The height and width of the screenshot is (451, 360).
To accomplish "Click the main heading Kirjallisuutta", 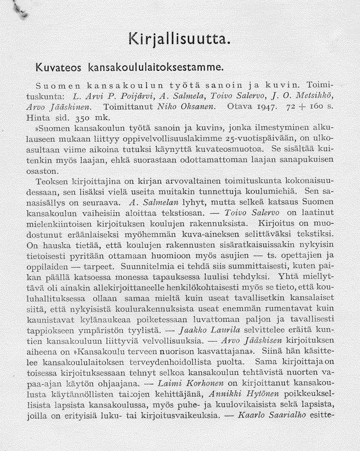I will click(x=179, y=40).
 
